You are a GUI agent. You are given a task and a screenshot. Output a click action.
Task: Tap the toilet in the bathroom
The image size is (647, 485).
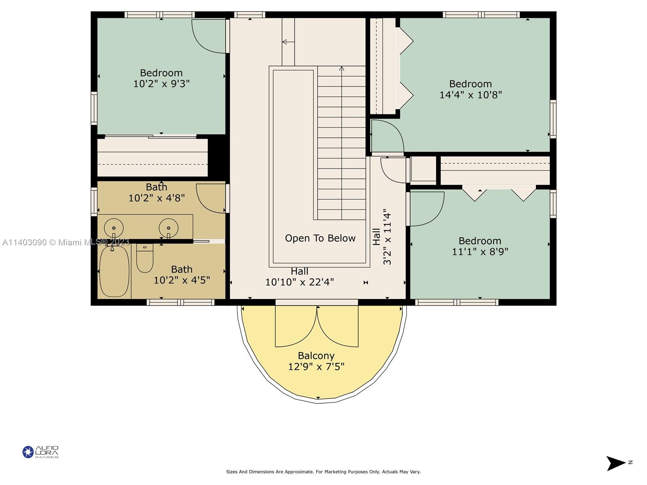[x=145, y=258]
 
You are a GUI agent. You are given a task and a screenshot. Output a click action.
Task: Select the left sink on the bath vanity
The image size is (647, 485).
[x=114, y=228]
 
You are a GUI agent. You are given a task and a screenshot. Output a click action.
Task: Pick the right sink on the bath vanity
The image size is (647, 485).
[x=168, y=228]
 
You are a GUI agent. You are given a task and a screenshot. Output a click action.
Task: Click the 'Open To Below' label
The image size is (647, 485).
[x=320, y=238]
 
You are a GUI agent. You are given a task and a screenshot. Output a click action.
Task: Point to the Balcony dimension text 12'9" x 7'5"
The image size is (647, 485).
[x=316, y=367]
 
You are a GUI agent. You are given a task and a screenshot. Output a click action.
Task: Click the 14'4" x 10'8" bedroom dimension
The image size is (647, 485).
[x=470, y=95]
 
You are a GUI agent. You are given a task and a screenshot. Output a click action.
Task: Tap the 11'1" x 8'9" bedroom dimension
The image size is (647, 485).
[x=480, y=252]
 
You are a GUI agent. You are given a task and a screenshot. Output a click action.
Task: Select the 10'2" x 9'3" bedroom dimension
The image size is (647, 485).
[x=161, y=84]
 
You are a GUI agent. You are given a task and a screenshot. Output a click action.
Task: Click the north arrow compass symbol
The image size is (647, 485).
[x=616, y=463]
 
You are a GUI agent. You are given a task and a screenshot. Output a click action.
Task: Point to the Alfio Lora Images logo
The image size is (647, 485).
[x=41, y=452]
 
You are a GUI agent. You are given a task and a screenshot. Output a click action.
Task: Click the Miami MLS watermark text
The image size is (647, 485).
[x=66, y=242]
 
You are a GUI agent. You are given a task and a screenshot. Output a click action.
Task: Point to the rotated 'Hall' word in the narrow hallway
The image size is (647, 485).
[x=376, y=237]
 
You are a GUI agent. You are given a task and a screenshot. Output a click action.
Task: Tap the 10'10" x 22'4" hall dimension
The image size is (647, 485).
[x=300, y=282]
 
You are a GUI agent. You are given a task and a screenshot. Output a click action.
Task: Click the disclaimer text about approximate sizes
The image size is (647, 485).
[x=323, y=472]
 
